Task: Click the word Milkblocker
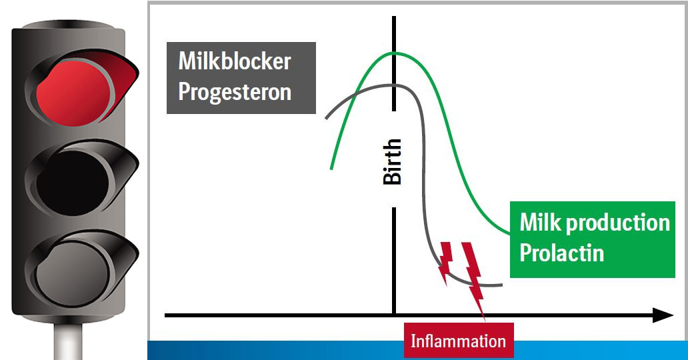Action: (x=235, y=62)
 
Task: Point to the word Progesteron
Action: (x=235, y=91)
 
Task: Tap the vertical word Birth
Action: (x=393, y=161)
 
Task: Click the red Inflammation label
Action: (x=458, y=341)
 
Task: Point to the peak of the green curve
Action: (x=396, y=52)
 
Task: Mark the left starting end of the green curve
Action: (x=331, y=169)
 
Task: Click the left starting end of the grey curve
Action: (x=326, y=118)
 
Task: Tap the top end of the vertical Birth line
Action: (x=395, y=17)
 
